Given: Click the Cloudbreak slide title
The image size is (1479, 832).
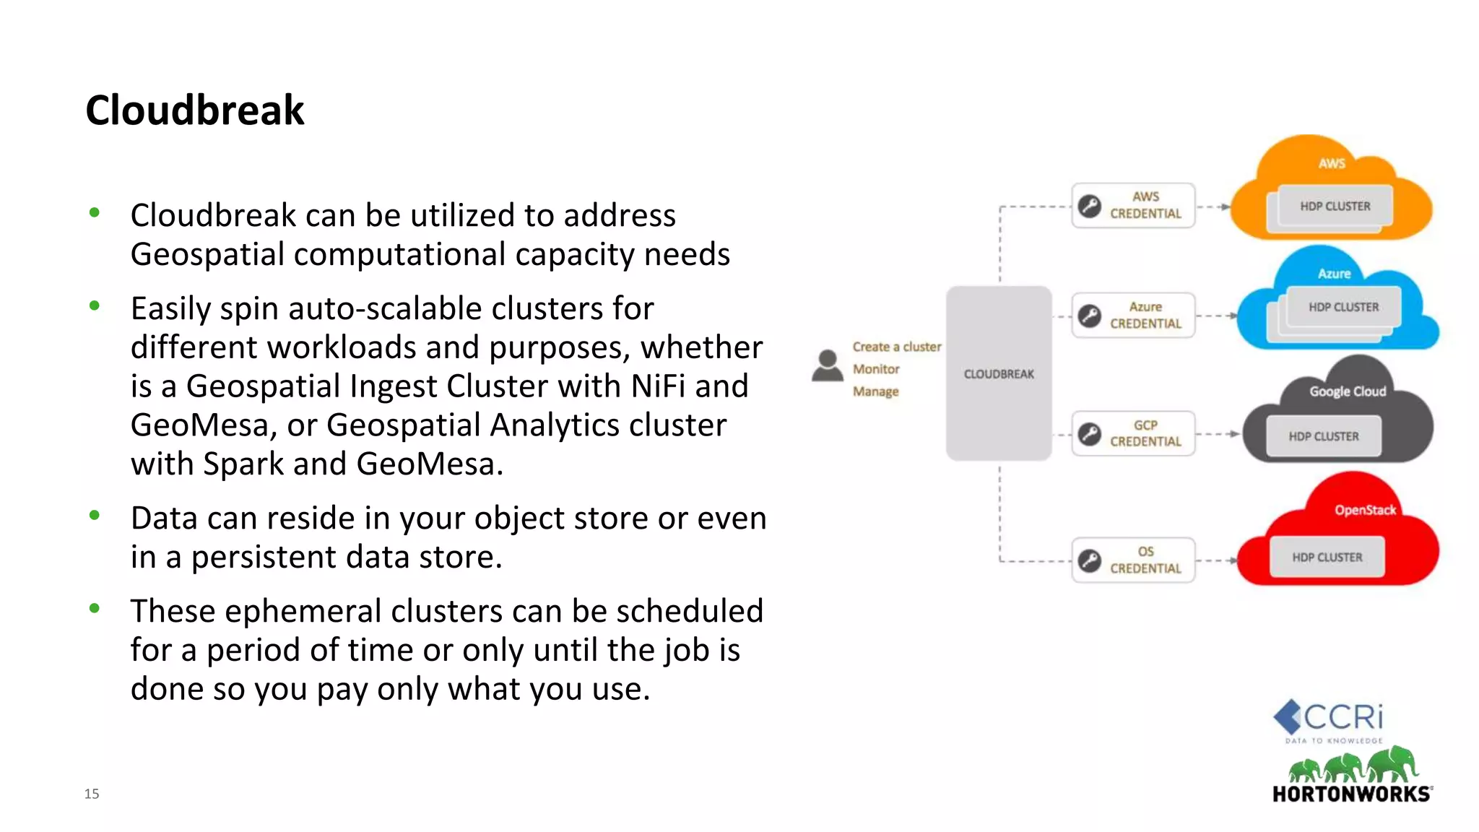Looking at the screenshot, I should pos(194,110).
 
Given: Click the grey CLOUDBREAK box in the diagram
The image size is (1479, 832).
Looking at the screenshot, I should pos(999,373).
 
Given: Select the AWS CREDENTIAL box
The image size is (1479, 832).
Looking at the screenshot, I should pos(1133,206).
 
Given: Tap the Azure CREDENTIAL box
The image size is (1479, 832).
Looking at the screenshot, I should pos(1133,316).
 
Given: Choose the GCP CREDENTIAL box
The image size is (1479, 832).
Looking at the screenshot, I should pos(1133,433).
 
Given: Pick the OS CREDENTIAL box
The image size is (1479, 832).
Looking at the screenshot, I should pos(1133,560).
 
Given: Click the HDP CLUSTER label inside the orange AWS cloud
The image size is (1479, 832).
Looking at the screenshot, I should pos(1335,207).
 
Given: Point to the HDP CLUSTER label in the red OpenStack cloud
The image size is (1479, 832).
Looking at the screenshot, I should pos(1327,558).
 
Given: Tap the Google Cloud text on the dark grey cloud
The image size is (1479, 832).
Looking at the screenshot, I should pos(1348,391).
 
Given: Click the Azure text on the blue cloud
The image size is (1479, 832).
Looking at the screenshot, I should pos(1334,274).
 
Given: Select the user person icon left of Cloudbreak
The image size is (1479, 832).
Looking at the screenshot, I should pos(827,366).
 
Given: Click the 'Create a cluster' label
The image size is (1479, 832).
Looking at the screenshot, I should pos(896,347).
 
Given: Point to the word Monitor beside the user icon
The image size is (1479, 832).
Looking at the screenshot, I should pos(876,369).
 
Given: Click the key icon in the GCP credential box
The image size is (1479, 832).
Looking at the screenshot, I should pos(1089,434).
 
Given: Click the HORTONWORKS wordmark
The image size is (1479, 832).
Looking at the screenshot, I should pos(1351,794).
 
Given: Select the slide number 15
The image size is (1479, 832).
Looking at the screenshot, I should pos(92,794).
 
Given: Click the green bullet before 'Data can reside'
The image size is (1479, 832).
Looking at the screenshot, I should pos(95,515).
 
